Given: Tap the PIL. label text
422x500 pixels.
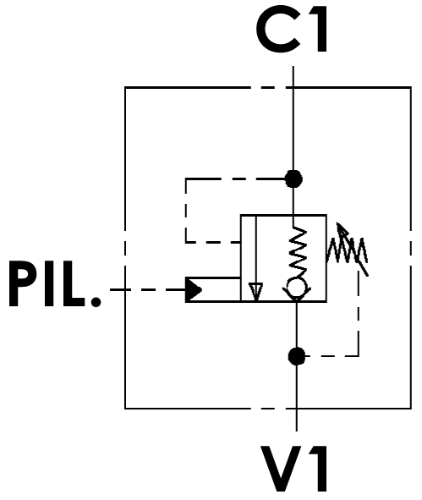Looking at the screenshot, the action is coord(55,283).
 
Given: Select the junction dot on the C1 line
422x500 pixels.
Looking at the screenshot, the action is coord(293,179).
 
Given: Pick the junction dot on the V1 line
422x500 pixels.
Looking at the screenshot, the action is coord(297,356).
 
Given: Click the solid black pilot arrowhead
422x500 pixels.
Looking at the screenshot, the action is coord(194,290).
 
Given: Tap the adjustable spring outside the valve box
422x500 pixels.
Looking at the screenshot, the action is coord(347,250).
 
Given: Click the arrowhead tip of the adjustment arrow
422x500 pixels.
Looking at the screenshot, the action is coord(337,223).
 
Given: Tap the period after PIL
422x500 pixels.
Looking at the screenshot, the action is coord(96,301).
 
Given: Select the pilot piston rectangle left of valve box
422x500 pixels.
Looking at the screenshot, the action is coord(213,289).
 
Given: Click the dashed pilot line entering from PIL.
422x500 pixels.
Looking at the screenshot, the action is coord(148,290).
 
